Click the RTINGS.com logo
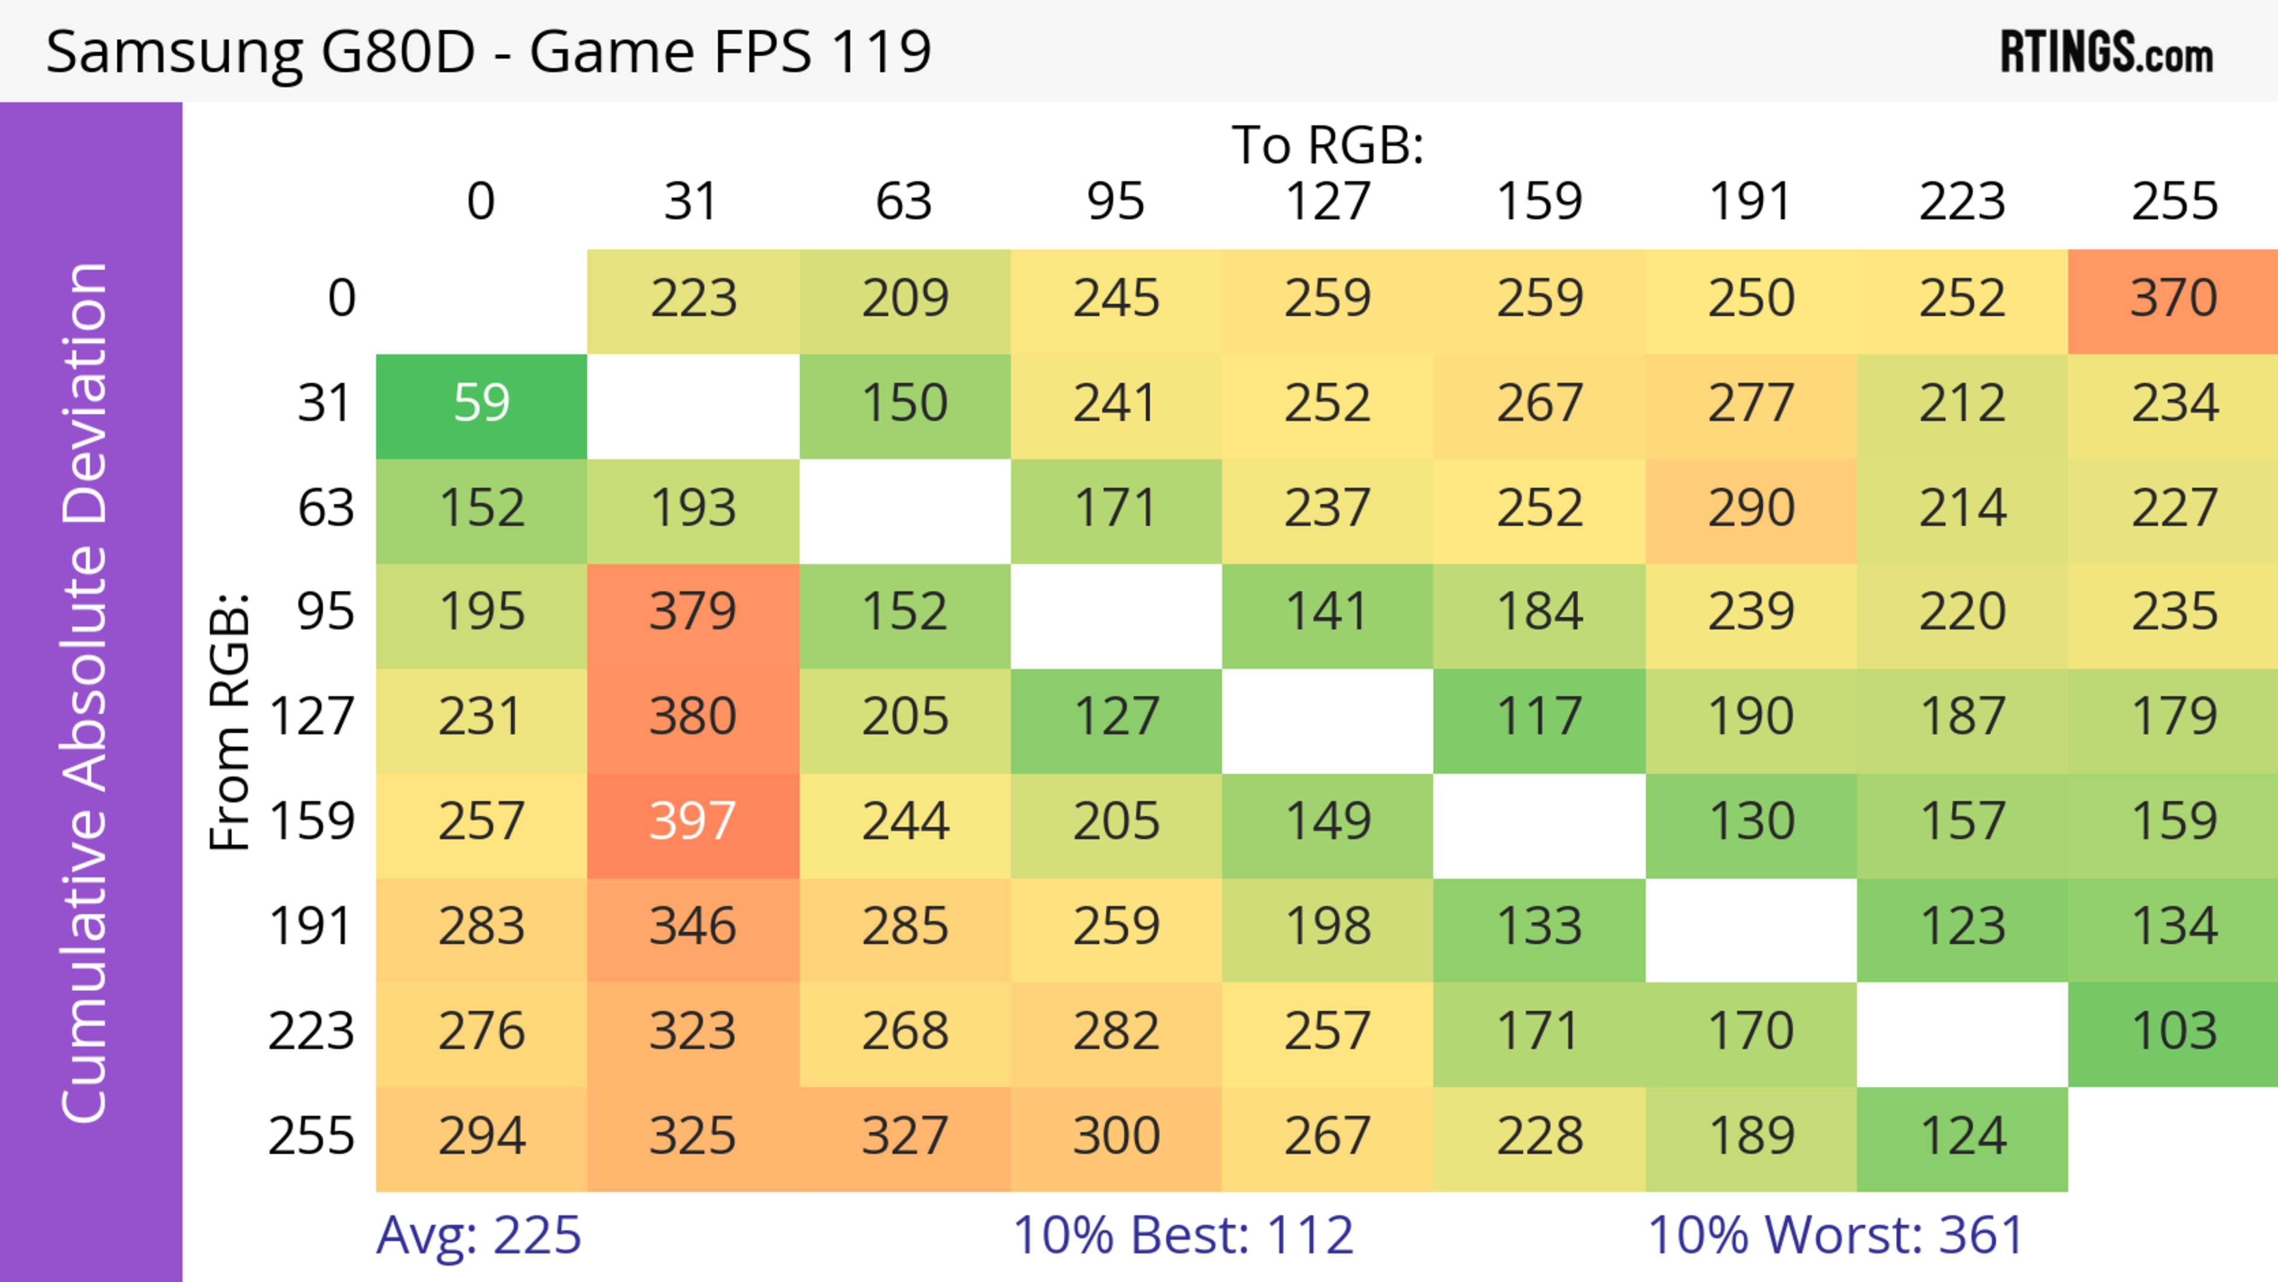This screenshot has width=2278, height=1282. [2107, 51]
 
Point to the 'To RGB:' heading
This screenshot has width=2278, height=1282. [1328, 145]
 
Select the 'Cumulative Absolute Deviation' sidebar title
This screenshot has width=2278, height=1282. [86, 692]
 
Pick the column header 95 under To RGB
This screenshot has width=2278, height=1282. [1116, 202]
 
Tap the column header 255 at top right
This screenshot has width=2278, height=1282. [2174, 202]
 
